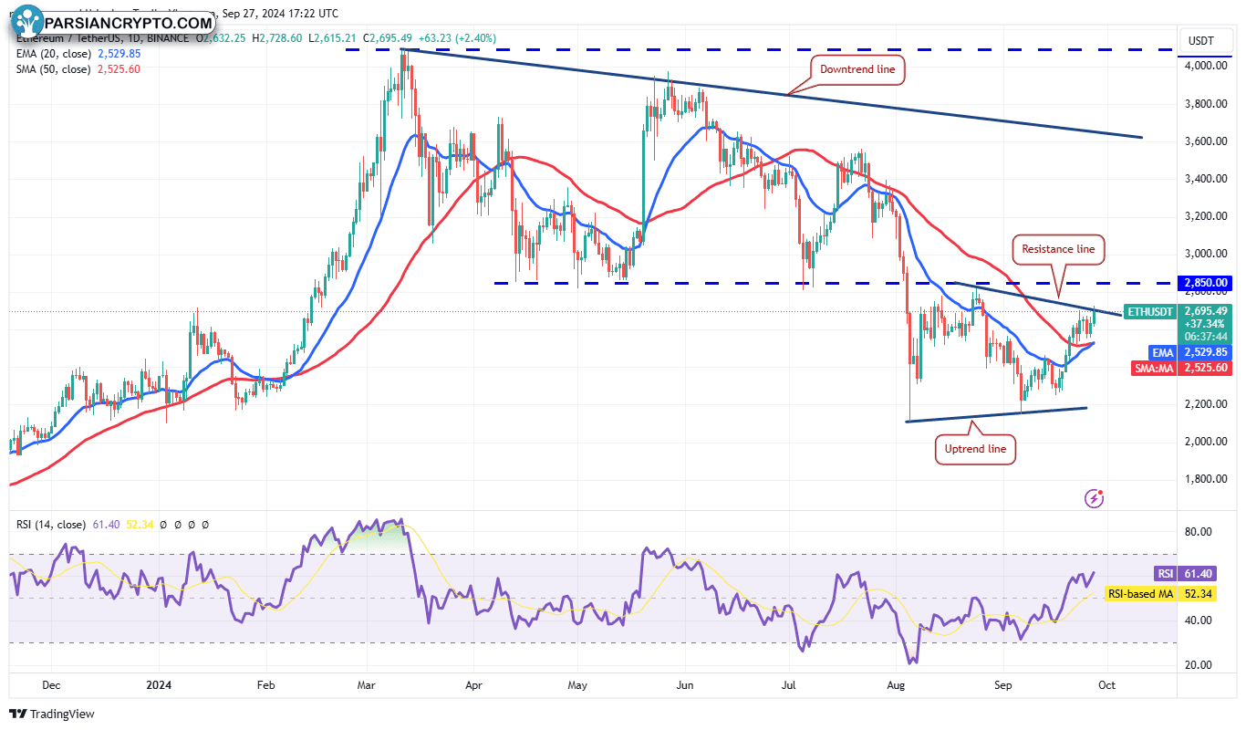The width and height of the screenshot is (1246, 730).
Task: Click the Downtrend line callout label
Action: coord(857,68)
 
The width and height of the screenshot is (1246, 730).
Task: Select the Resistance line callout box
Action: coord(1058,248)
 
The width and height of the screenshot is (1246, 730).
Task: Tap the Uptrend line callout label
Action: coord(975,449)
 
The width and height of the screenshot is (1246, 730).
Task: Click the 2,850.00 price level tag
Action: coord(1204,283)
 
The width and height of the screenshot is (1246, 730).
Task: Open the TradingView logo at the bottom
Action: coord(52,714)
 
